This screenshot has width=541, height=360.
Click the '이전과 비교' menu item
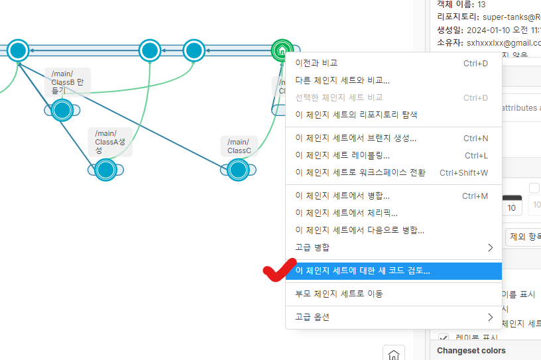pos(316,63)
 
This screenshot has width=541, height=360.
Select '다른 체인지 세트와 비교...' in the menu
pos(342,80)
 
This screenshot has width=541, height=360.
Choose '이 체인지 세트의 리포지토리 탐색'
pos(356,114)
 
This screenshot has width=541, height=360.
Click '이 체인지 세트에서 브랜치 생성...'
pos(355,139)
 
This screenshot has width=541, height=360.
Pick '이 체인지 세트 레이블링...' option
pos(342,155)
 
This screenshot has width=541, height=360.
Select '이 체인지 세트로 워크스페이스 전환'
pos(360,172)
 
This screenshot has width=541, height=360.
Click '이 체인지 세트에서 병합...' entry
pos(342,196)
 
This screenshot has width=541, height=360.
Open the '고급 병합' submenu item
pos(312,247)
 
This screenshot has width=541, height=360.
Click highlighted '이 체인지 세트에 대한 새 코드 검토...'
pos(362,270)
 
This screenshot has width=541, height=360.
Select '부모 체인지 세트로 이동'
pos(339,294)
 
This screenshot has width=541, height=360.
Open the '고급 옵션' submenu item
pos(312,317)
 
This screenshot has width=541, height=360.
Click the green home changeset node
pos(282,50)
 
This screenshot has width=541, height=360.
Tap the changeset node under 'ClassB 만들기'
pos(62,110)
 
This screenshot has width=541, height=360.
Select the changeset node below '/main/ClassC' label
pos(237,170)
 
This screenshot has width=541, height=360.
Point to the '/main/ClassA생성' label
pos(110,141)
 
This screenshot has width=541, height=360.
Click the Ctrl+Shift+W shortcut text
pos(463,172)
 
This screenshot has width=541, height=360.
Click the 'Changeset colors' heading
pos(471,350)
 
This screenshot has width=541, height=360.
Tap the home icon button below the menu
pos(394,355)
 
